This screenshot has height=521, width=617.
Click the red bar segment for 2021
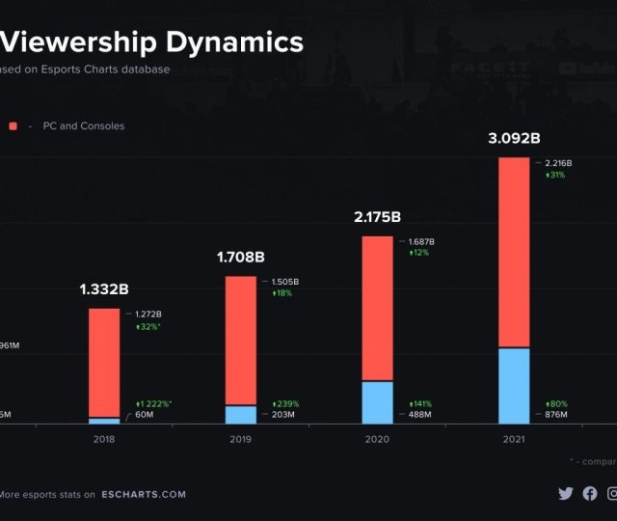coord(514,251)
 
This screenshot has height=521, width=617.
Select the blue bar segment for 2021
coord(514,385)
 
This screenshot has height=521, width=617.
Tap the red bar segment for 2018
coord(104,363)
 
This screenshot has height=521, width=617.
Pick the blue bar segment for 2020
coord(377,402)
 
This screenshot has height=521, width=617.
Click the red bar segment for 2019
coord(241,340)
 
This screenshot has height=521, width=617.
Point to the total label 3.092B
coord(513,139)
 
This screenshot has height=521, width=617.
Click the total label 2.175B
coord(377,217)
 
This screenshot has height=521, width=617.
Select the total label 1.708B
coord(240,258)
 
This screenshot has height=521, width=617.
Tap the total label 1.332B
coord(104,289)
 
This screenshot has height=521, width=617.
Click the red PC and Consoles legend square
coord(13,126)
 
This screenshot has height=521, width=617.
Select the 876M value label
coord(556,415)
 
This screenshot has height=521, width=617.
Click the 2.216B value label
coord(558,164)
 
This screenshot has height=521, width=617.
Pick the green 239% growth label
coord(288,403)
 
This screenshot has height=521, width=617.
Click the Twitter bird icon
coord(566,493)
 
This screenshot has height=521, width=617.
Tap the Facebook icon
coord(590,493)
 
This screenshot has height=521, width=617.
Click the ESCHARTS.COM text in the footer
coord(144,495)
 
